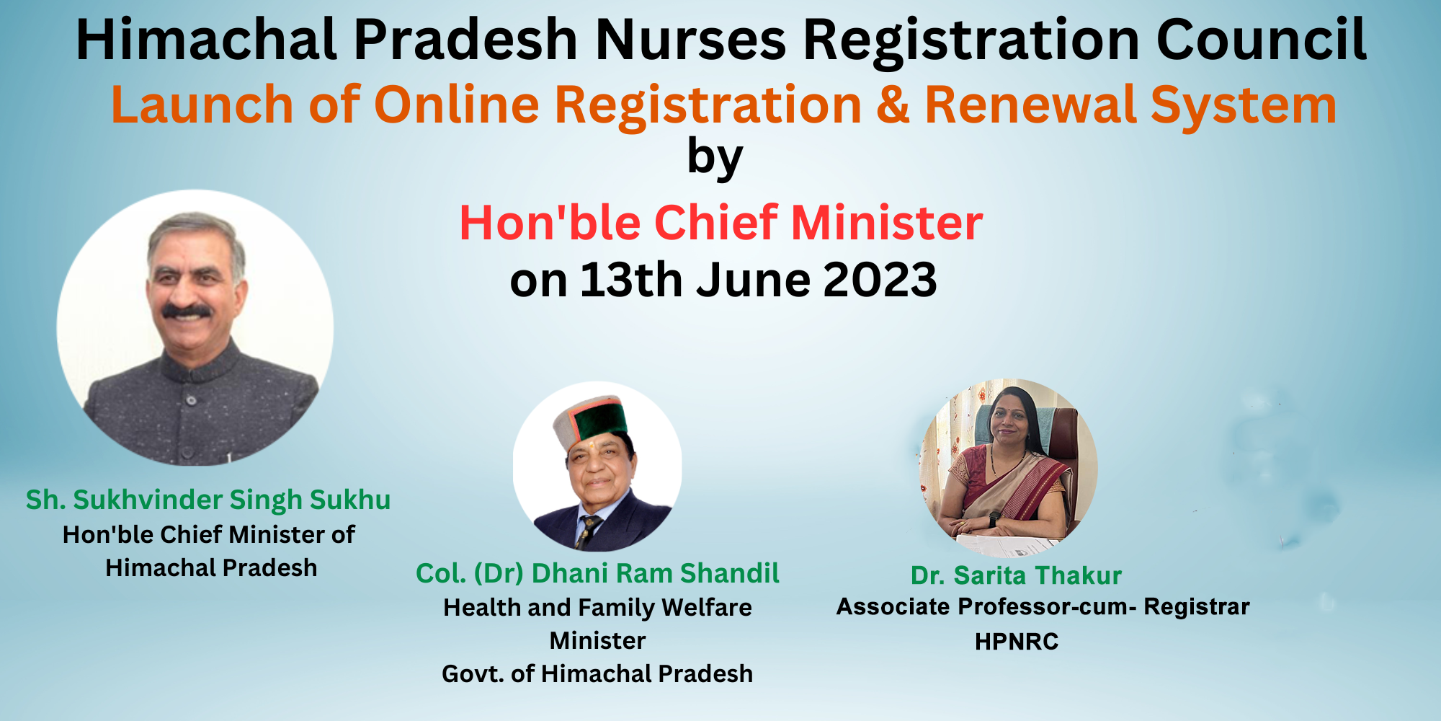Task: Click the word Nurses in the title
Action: (x=691, y=40)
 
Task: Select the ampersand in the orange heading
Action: (x=893, y=105)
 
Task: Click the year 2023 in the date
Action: (x=880, y=280)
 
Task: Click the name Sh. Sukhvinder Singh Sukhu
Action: (x=208, y=500)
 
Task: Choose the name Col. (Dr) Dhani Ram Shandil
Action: (x=597, y=574)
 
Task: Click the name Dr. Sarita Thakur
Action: (x=1016, y=575)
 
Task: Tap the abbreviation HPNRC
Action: (x=1017, y=642)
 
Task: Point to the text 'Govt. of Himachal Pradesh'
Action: (x=597, y=674)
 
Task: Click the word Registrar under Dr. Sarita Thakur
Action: (x=1197, y=607)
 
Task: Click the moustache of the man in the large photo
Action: (x=187, y=311)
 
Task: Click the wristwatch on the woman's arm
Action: (x=995, y=518)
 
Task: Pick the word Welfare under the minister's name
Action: (x=707, y=608)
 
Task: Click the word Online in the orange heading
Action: (x=457, y=105)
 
